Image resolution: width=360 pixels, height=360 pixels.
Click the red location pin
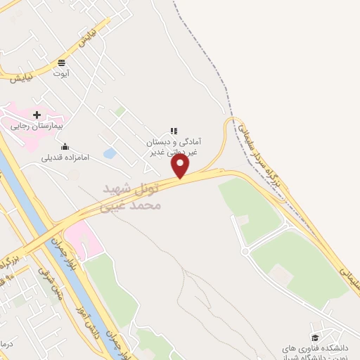coord(181,166)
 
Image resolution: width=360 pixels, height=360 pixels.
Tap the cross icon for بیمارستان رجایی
coord(37,115)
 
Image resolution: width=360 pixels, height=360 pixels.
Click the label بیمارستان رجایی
coord(37,127)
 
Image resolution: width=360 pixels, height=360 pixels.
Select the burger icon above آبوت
coord(63,61)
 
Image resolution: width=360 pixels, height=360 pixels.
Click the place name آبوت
coord(63,72)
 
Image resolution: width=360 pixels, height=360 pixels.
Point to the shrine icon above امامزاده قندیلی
coord(65,147)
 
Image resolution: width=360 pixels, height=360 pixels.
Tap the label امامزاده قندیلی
coord(65,159)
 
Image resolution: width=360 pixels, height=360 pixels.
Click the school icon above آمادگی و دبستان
coord(173,131)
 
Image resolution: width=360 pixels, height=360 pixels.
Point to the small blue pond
coord(110,153)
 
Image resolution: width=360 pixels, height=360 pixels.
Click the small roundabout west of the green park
coord(245,250)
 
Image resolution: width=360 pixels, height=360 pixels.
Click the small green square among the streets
coord(120,111)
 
